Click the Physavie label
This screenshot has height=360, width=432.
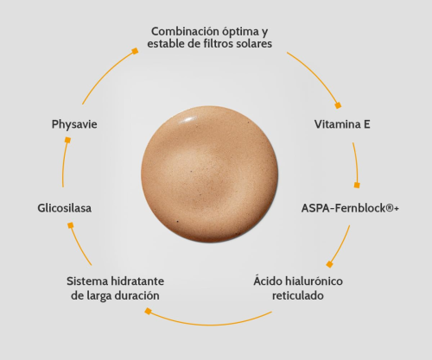(74, 124)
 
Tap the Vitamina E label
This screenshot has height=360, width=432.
(342, 124)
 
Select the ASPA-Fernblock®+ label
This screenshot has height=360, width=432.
(350, 208)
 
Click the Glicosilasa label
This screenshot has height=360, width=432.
(65, 208)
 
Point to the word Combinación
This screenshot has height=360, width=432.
(185, 31)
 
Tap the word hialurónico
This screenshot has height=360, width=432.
(314, 281)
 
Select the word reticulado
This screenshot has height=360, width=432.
(298, 295)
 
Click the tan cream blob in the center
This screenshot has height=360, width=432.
(210, 174)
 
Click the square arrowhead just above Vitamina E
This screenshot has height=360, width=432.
(338, 105)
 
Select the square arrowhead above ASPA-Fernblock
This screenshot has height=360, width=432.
(357, 185)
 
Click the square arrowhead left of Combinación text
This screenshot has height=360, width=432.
(135, 51)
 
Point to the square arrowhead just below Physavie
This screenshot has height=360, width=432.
(67, 140)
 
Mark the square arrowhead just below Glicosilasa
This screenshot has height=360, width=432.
(71, 225)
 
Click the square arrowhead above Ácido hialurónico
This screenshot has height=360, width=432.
(330, 264)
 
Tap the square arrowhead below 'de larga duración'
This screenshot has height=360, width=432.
(148, 311)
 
